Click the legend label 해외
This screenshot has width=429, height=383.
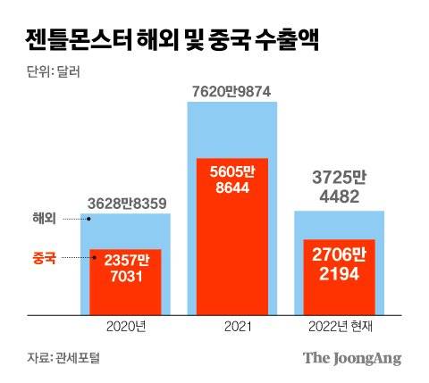point(44,219)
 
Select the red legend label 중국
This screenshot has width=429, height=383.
point(44,257)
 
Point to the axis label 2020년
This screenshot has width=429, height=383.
point(125,328)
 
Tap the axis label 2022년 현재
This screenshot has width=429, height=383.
point(340,328)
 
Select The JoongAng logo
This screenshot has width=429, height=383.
point(352,358)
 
